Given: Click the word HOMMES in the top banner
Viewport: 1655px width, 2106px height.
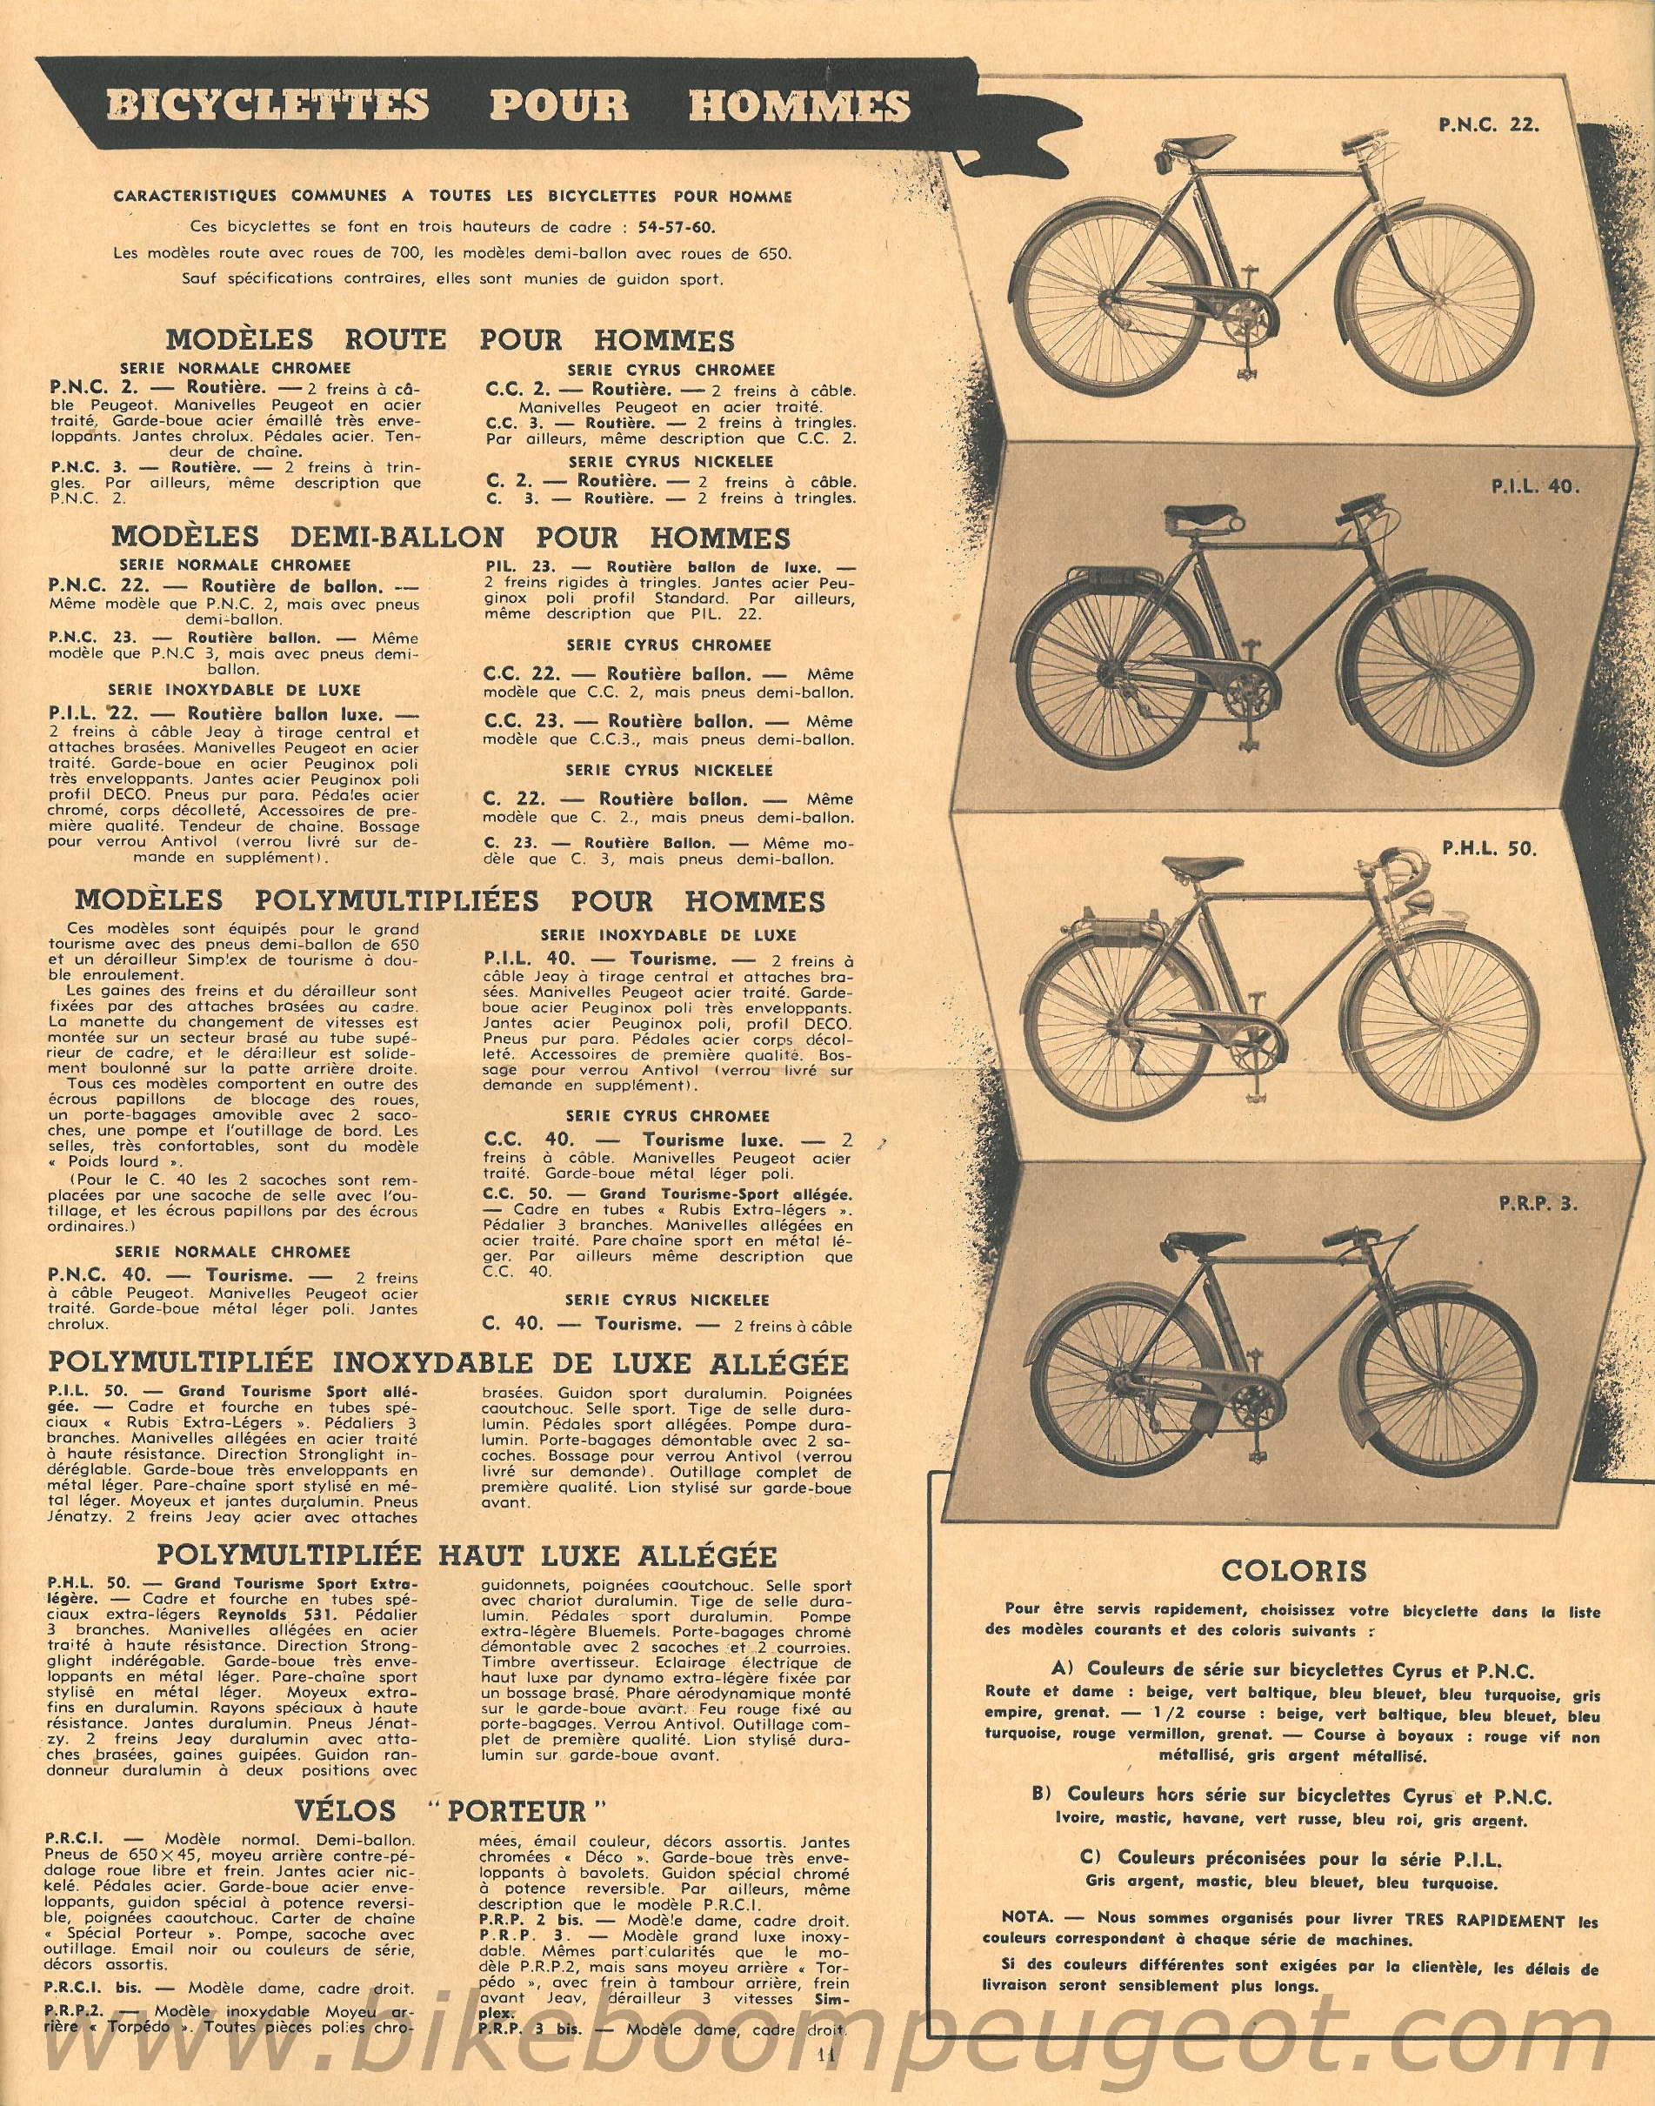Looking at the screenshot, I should click(x=798, y=105).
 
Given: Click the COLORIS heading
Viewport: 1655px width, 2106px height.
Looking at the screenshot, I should click(x=1280, y=1569).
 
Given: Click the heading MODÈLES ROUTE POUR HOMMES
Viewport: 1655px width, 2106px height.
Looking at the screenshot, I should click(x=450, y=340).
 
